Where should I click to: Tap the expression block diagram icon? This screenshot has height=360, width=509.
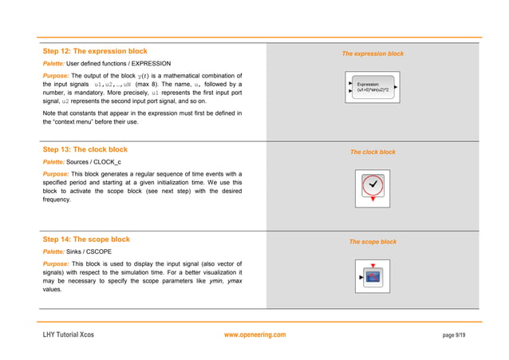(x=373, y=87)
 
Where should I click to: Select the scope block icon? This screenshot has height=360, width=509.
(x=373, y=277)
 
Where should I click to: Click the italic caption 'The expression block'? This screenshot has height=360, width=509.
(x=373, y=54)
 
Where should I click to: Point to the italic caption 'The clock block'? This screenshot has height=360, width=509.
(x=373, y=152)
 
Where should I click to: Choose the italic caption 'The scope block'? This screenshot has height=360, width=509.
(x=373, y=242)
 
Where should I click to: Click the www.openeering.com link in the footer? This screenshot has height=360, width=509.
(x=255, y=334)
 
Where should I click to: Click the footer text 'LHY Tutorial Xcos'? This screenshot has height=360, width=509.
(x=68, y=334)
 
